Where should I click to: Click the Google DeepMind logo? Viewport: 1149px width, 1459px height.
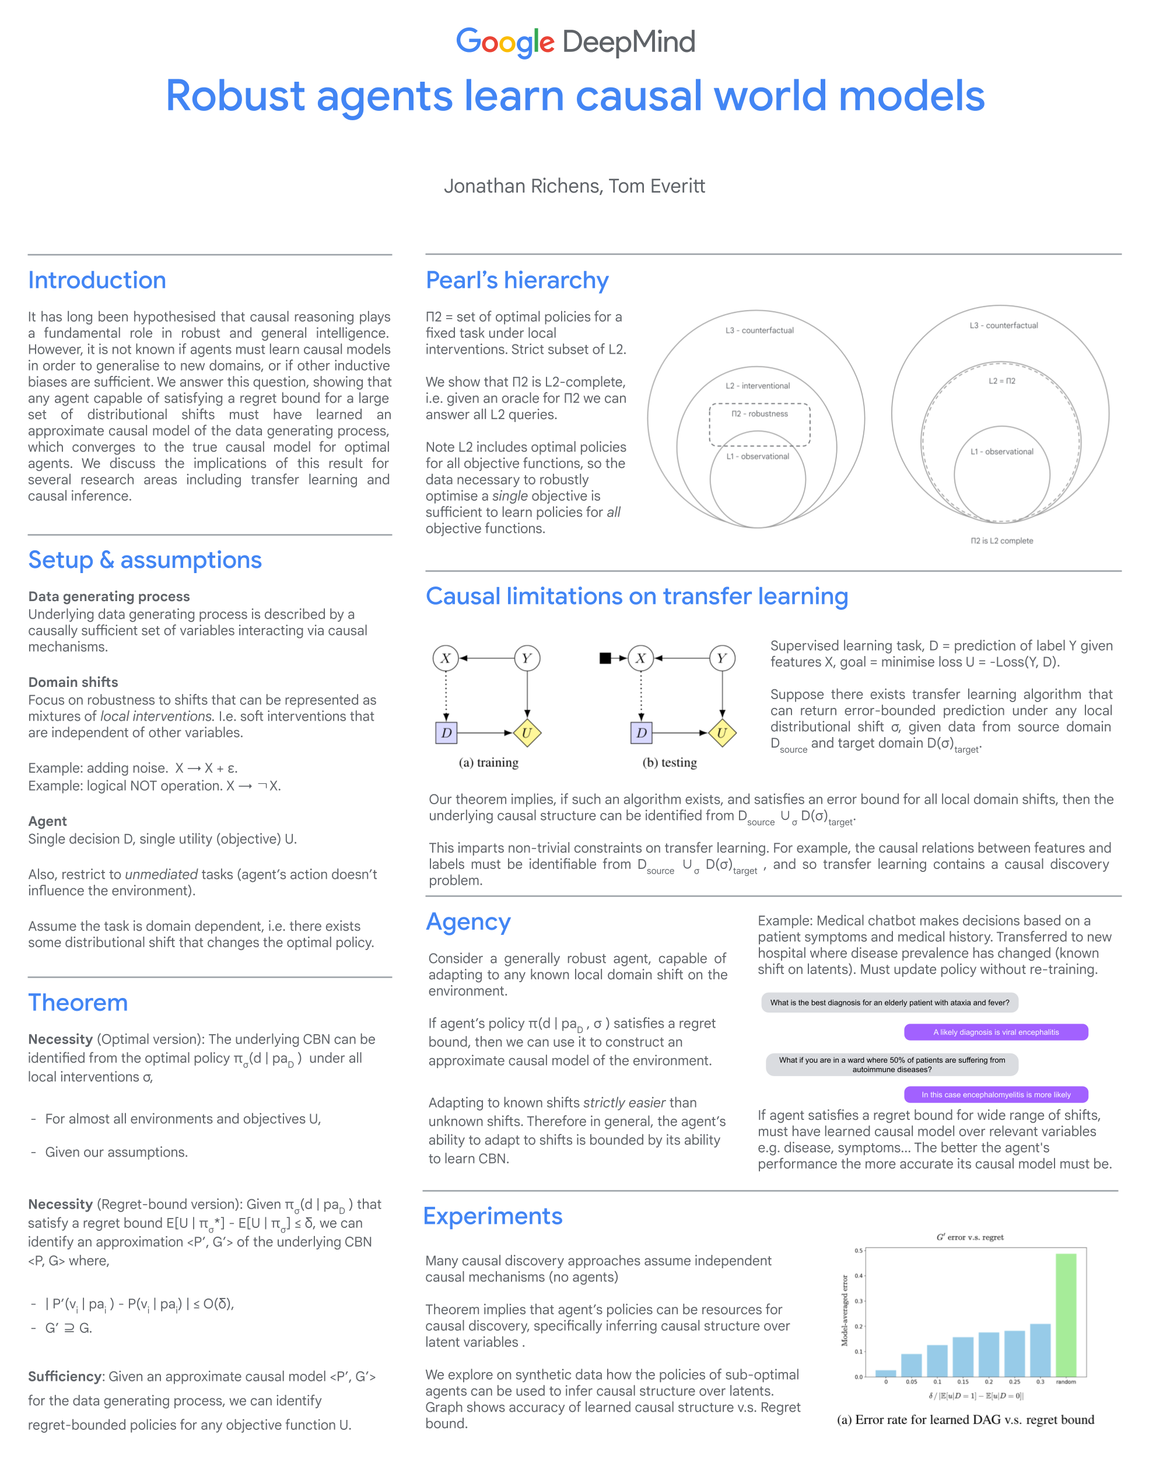tap(575, 41)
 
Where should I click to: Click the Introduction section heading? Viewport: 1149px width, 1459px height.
tap(97, 280)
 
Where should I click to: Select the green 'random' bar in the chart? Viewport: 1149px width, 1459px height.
tap(1066, 1314)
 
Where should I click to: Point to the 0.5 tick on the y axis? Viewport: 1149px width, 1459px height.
tap(859, 1251)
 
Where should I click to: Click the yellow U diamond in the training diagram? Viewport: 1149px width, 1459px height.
tap(527, 733)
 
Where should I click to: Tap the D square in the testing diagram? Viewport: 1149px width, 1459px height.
tap(641, 733)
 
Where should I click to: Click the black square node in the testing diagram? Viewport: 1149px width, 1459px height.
tap(605, 658)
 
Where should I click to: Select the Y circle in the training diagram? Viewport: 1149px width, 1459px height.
tap(527, 658)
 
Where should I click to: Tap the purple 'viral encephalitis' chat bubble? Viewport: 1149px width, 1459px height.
tap(996, 1032)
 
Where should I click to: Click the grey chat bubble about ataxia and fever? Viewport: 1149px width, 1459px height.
tap(889, 1003)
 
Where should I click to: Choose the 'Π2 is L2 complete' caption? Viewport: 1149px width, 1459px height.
tap(1001, 540)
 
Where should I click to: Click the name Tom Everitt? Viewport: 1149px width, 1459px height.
tap(657, 186)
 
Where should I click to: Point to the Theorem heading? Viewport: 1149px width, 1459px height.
tap(78, 1002)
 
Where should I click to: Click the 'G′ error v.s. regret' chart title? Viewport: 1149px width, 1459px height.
tap(969, 1237)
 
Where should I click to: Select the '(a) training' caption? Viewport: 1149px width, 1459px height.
tap(488, 763)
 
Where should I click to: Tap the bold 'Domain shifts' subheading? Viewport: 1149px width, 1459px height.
tap(73, 682)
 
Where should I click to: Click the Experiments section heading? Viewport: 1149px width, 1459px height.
tap(492, 1216)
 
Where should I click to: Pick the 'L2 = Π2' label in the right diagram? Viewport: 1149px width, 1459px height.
tap(1001, 381)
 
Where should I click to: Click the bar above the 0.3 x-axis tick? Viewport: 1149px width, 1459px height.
tap(1040, 1350)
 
